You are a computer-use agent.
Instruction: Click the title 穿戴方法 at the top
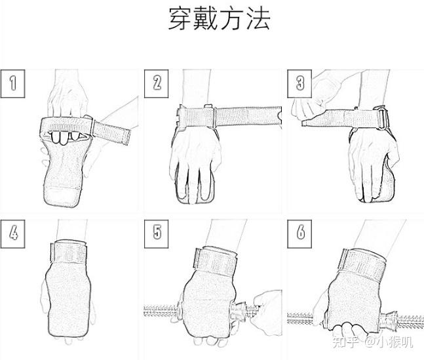[219, 19]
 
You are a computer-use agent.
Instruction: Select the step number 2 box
[157, 83]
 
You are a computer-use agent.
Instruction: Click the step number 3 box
[300, 83]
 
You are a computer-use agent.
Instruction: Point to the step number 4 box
[13, 233]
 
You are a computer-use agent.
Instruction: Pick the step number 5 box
[157, 233]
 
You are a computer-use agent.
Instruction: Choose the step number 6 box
[300, 233]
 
